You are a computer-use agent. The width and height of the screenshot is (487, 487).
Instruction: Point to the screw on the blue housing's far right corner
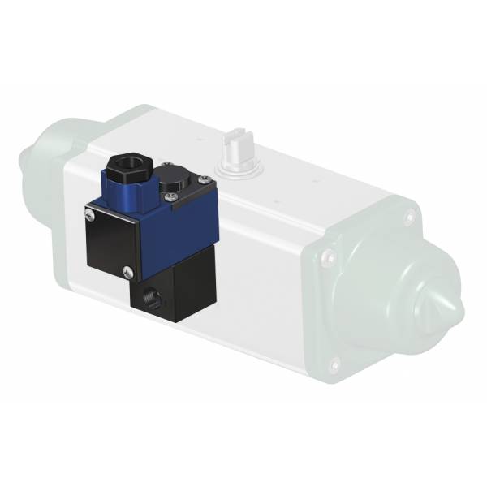(x=201, y=196)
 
